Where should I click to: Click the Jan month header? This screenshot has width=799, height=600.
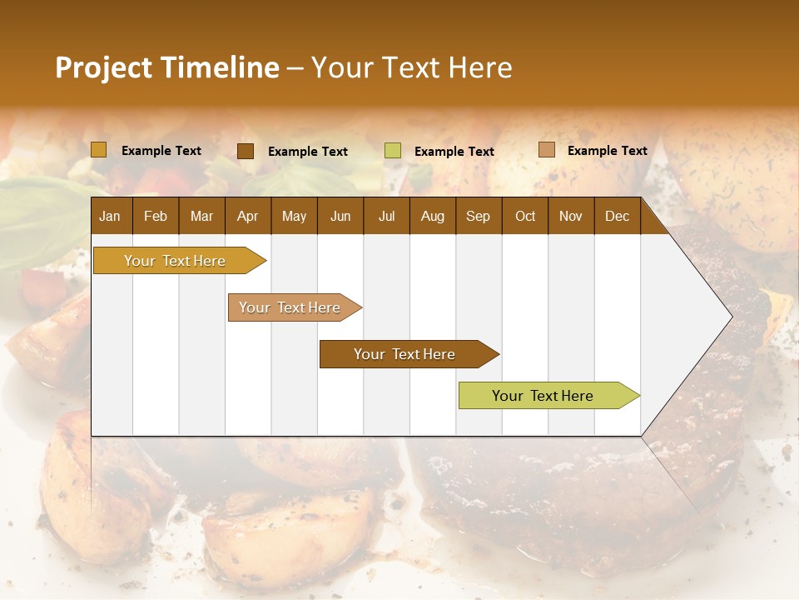point(110,217)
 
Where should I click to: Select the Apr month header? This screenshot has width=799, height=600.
point(247,217)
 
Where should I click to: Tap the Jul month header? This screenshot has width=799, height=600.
point(386,217)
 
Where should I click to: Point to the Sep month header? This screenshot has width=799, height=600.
point(478,217)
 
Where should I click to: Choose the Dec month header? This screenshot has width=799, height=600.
point(617,217)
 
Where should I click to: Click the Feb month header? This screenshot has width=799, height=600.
point(156,217)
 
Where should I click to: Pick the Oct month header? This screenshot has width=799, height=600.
point(525,217)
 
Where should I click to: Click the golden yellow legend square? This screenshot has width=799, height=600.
point(99,150)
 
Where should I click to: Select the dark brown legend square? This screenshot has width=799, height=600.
point(246,151)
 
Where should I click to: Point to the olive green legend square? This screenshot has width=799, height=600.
point(393,151)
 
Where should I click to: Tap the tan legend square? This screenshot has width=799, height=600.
point(546,150)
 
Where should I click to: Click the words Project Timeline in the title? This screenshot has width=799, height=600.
point(167,67)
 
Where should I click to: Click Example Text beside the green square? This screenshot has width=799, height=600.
point(454,152)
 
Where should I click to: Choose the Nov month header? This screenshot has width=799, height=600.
point(570,217)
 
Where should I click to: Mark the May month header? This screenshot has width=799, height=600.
point(294,217)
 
